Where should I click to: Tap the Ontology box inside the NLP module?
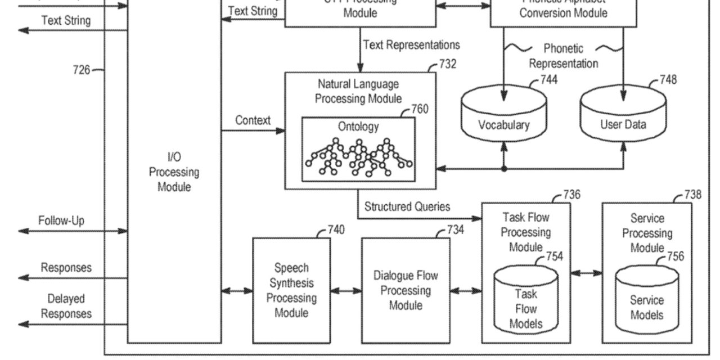coord(358,148)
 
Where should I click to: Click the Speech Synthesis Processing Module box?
coord(291,290)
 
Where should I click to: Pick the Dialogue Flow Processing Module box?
coord(406,290)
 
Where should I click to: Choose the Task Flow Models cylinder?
coord(526,300)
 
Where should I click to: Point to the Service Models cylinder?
coord(646,300)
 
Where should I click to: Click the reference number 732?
coord(448,64)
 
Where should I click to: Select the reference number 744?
coord(549,80)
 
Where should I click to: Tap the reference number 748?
coord(668,80)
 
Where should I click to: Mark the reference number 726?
coord(81,70)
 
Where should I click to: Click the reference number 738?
coord(693,195)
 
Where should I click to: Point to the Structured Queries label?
coord(407,206)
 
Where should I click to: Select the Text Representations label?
coord(411,44)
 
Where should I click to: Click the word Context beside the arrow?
coord(253,120)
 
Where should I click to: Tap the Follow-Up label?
coord(61,220)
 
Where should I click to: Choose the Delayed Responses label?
coord(66,307)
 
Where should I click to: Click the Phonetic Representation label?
coord(563,56)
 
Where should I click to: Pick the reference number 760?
coord(420,109)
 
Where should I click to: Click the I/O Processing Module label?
coord(174,172)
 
